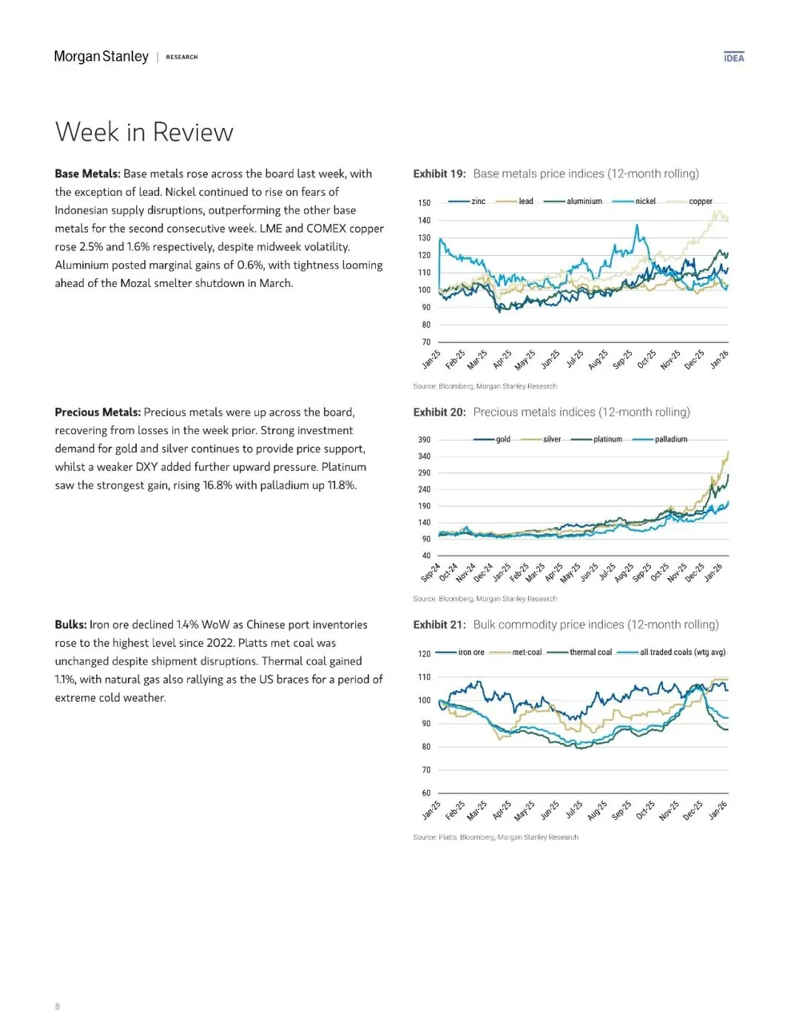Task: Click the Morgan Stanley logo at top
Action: coord(101,57)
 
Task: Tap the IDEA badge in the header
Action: coord(734,58)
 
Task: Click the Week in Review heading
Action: coord(144,132)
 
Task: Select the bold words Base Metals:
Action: coord(87,174)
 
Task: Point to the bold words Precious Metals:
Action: coord(98,413)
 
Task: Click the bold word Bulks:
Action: coord(71,625)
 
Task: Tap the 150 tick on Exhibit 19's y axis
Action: coord(424,203)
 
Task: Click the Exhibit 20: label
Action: coord(439,413)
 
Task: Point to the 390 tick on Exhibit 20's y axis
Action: coord(424,440)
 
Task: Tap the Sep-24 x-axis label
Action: coord(431,574)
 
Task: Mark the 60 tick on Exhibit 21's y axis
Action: coord(425,793)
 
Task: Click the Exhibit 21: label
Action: coord(439,625)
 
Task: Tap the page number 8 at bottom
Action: coord(58,1006)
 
